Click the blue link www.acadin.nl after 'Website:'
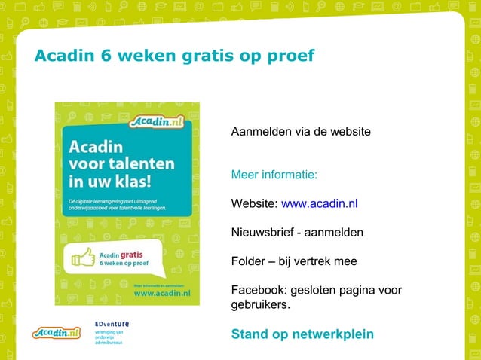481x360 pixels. (x=319, y=203)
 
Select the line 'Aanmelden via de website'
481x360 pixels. (x=301, y=132)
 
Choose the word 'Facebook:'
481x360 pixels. (x=258, y=291)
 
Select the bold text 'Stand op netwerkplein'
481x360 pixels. (x=302, y=334)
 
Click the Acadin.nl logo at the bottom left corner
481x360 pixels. (x=57, y=332)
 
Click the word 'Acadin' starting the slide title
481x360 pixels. (x=60, y=56)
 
